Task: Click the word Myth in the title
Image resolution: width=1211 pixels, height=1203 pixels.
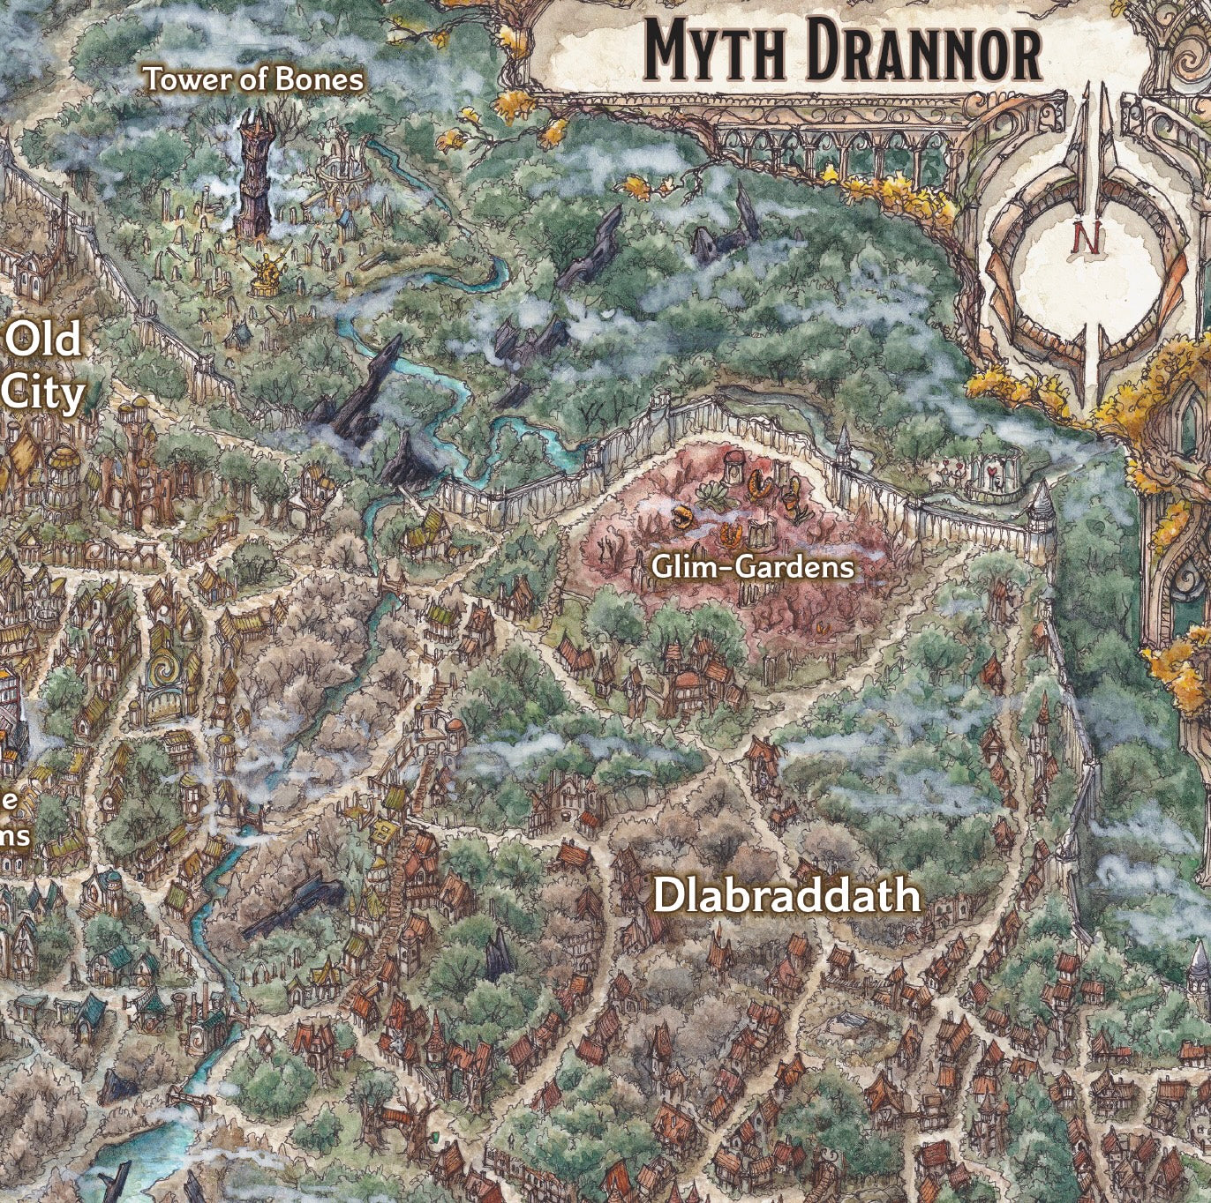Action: point(713,52)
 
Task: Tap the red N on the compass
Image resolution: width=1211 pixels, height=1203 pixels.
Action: point(1088,237)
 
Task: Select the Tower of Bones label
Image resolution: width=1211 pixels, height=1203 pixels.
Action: point(253,79)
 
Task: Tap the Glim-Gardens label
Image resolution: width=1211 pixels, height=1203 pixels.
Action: point(752,566)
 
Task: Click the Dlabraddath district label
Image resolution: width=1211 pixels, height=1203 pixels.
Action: point(786,896)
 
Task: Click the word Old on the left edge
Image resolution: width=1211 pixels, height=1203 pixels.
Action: point(44,339)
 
